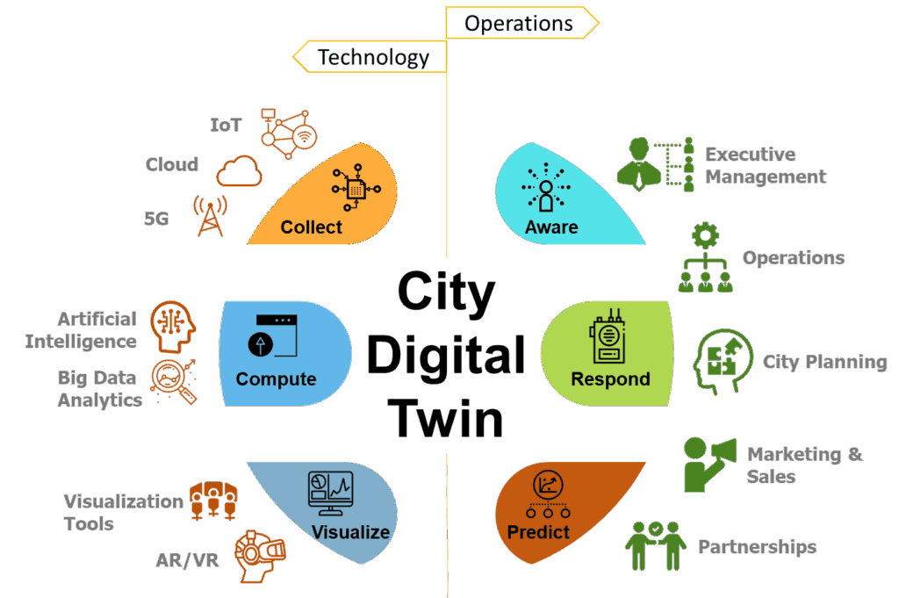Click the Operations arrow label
click(519, 23)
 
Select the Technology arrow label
click(372, 58)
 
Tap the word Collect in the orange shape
click(311, 227)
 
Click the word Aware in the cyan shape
click(551, 227)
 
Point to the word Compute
click(276, 379)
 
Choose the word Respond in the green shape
click(610, 379)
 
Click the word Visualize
click(350, 531)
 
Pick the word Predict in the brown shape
click(538, 532)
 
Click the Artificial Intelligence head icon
click(170, 327)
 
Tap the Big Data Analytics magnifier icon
click(173, 379)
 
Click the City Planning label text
click(823, 362)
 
